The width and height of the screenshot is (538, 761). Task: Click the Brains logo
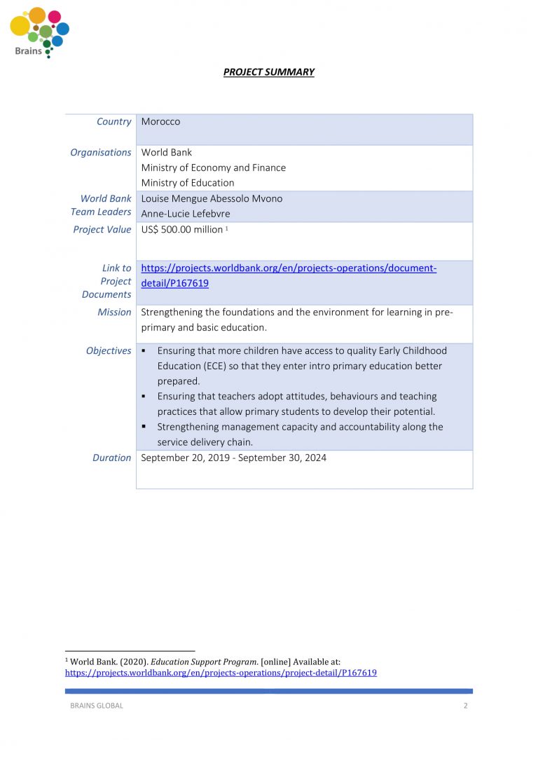39,32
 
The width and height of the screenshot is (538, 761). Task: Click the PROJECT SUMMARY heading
268,72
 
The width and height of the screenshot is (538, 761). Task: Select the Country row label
113,122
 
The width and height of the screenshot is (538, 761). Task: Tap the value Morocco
160,122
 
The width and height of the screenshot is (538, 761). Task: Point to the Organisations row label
100,153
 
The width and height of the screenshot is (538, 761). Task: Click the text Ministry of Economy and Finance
213,167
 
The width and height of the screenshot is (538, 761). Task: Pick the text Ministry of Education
187,183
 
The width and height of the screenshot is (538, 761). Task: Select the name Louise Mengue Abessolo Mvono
212,198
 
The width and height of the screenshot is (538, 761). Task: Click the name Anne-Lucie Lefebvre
185,214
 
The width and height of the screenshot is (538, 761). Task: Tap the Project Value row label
102,230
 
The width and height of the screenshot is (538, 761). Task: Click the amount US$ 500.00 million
181,230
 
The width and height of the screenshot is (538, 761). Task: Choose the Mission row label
114,313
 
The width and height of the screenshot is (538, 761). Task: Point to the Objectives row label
109,351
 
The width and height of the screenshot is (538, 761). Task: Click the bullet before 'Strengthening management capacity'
144,427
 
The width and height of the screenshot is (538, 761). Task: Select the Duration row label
111,458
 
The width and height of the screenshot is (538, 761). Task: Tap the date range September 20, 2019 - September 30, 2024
233,458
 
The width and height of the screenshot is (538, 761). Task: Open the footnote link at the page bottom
221,673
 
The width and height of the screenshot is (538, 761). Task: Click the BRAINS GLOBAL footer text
96,706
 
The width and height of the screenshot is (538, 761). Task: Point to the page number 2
465,706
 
